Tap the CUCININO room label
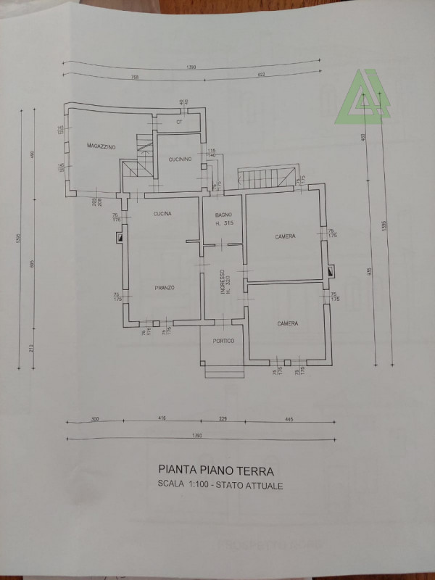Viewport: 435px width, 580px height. (x=181, y=160)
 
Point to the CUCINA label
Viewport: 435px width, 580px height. (x=162, y=214)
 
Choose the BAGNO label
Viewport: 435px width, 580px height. (x=223, y=215)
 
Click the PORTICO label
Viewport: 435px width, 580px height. (x=223, y=341)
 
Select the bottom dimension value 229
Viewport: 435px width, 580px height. (x=223, y=418)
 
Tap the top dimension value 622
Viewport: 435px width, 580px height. (x=262, y=76)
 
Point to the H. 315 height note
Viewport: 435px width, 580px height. (x=223, y=224)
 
